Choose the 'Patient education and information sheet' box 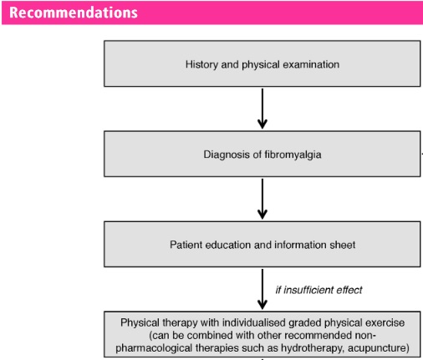click(x=262, y=245)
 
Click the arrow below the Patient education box click(x=262, y=289)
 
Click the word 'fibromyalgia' click(x=292, y=154)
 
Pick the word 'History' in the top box click(x=200, y=63)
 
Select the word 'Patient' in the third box click(x=185, y=245)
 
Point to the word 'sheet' click(x=341, y=245)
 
